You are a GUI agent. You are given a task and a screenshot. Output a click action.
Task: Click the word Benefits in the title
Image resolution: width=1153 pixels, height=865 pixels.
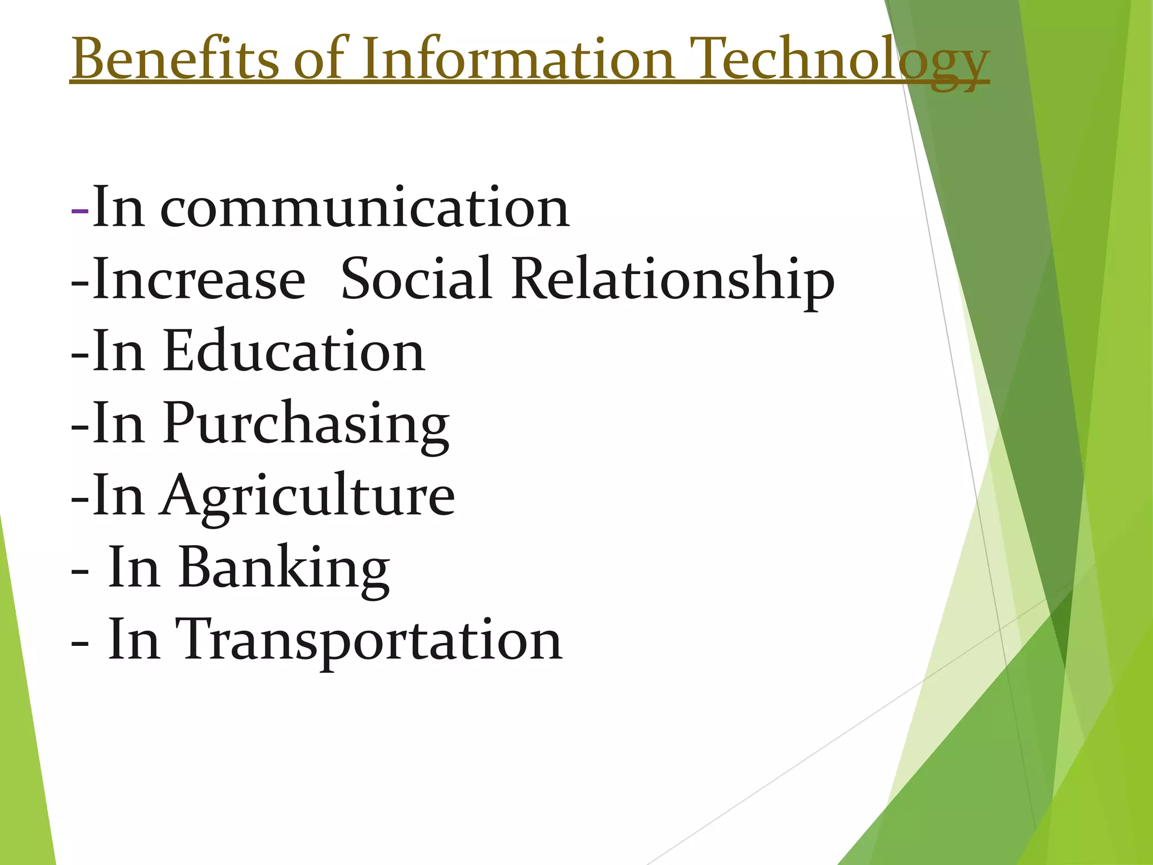pos(175,58)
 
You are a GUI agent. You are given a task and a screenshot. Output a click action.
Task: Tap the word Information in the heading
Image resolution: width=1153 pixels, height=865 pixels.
pos(517,58)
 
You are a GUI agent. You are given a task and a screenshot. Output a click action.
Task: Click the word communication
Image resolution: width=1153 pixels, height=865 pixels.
pos(365,208)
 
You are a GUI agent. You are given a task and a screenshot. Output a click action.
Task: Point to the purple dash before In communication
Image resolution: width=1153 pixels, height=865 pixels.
pos(80,209)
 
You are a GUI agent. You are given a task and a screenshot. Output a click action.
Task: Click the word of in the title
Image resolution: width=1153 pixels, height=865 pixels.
pos(319,58)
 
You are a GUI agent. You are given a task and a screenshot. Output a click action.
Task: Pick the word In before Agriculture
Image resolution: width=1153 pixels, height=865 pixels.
pos(118,495)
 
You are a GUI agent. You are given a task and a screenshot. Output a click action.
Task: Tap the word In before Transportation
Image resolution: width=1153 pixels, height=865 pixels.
pos(133,639)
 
